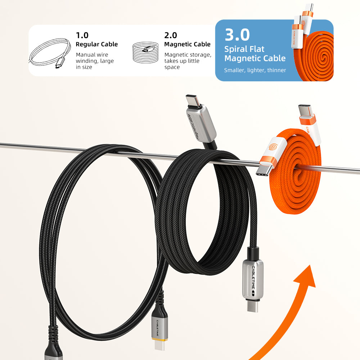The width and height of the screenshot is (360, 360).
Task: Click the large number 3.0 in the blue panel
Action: coord(237,35)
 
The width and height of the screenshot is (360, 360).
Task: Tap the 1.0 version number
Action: coord(82,35)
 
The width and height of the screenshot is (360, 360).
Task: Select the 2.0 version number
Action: coord(171,35)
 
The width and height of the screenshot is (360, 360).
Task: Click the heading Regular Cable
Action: coord(96,44)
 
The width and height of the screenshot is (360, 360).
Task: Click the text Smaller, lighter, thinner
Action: coord(255,70)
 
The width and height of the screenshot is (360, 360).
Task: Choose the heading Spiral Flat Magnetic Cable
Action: coord(255,54)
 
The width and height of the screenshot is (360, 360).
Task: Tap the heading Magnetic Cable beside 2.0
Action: coord(187,44)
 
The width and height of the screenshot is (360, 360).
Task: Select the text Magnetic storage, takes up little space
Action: coord(188,61)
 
